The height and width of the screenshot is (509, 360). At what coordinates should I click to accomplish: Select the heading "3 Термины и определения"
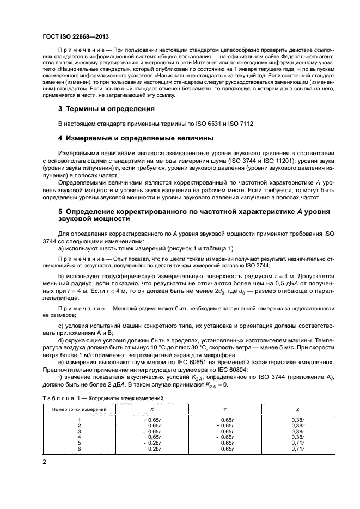(x=107, y=109)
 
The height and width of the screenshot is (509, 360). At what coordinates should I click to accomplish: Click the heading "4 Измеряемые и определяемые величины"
(x=136, y=138)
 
